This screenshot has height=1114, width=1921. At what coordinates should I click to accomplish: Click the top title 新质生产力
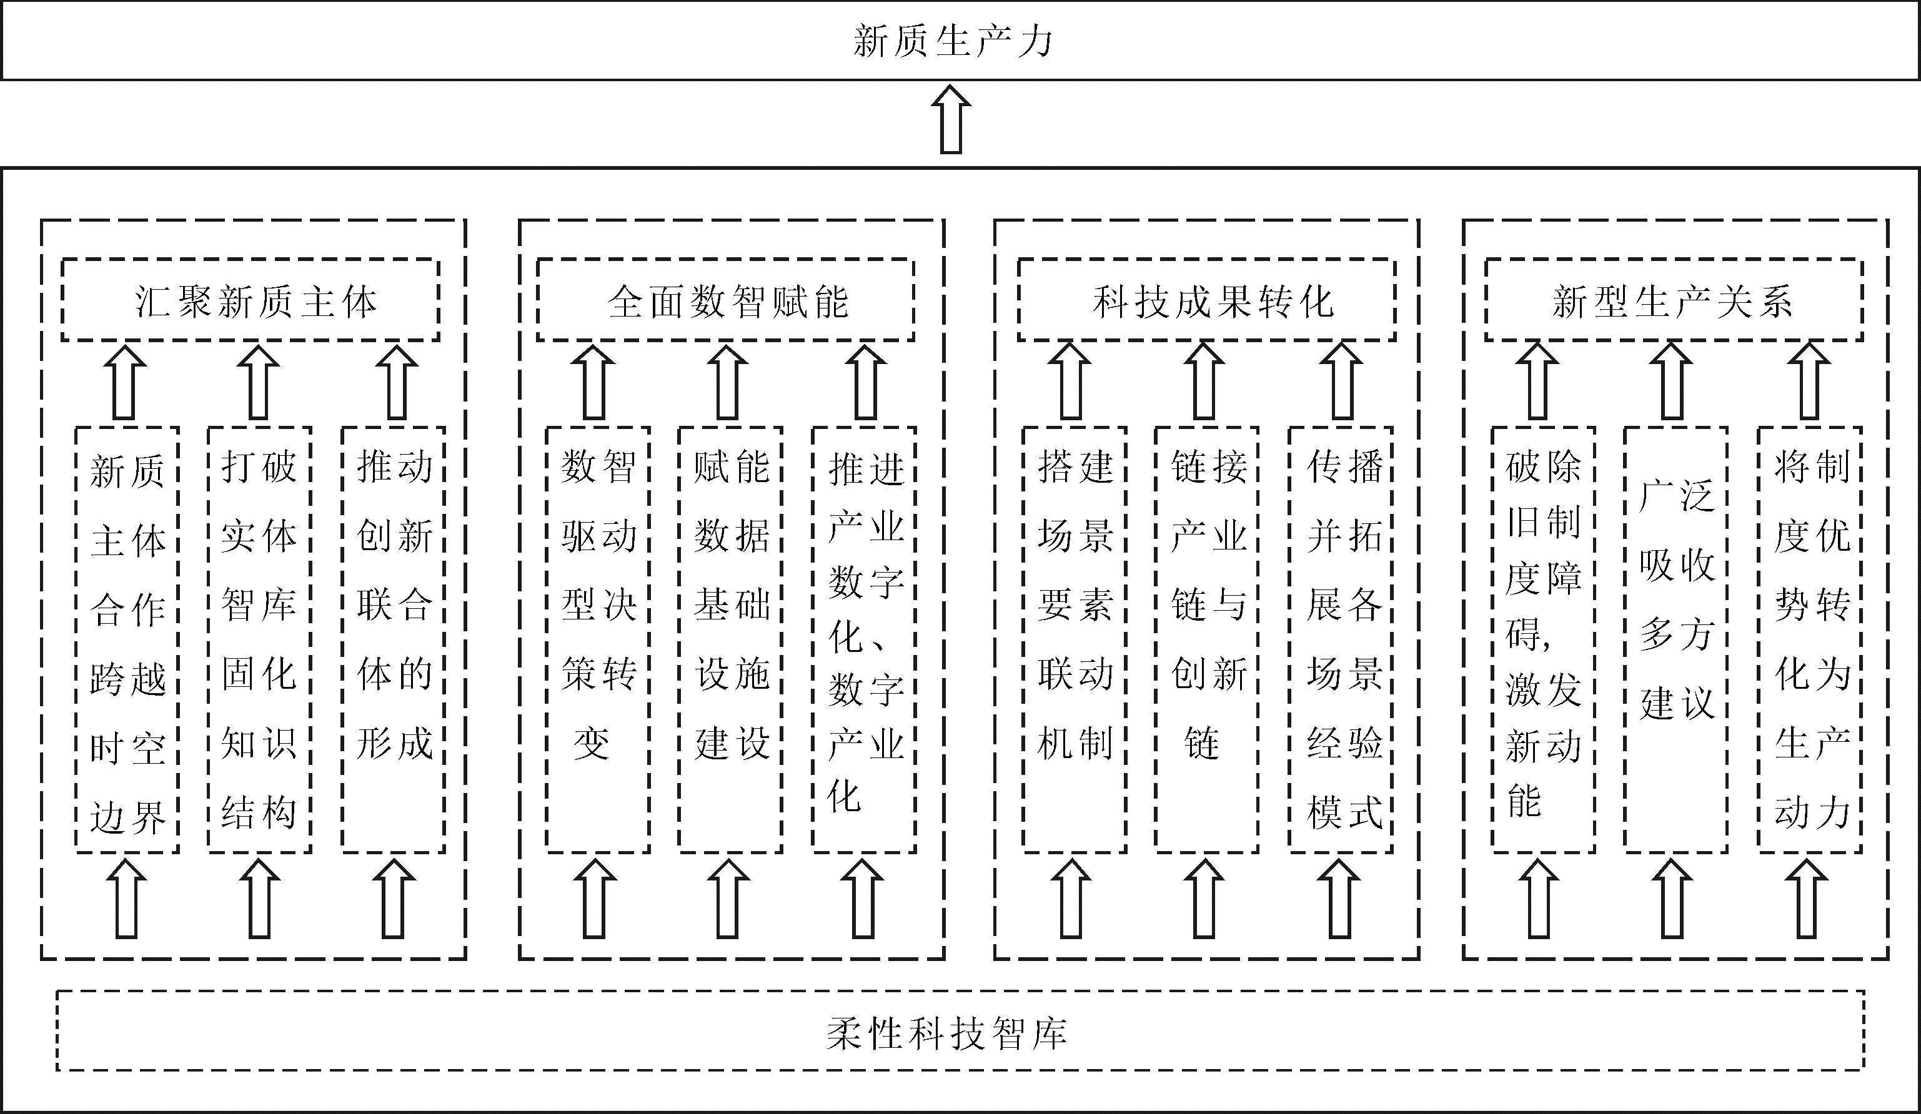pyautogui.click(x=953, y=41)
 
